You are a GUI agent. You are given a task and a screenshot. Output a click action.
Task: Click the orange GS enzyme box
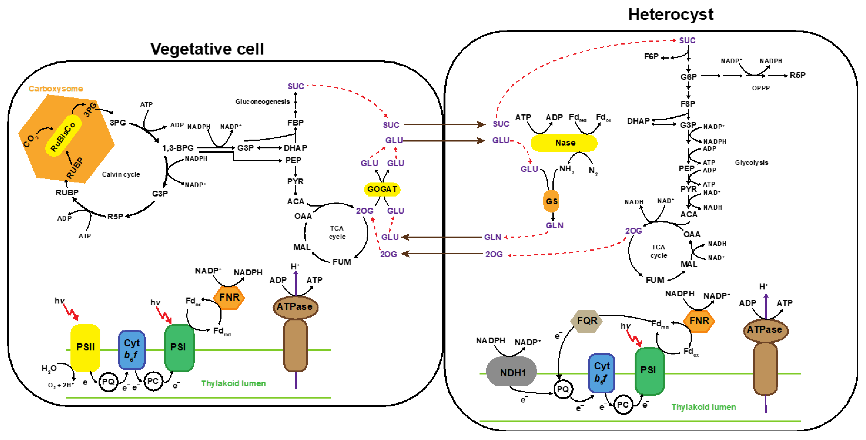(x=551, y=201)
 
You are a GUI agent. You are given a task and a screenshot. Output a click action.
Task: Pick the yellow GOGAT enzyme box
(x=382, y=189)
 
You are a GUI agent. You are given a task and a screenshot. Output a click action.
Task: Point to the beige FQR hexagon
(x=587, y=321)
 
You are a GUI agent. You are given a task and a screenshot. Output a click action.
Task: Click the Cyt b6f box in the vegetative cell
(x=131, y=349)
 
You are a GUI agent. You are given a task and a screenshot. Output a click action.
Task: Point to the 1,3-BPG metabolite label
(x=178, y=148)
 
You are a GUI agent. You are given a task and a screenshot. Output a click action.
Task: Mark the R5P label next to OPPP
(x=798, y=75)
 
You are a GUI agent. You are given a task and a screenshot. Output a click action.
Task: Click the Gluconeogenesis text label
(x=262, y=101)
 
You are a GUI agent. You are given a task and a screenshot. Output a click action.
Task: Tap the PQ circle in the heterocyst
(x=563, y=389)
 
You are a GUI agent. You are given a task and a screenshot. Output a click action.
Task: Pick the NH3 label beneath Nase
(x=566, y=169)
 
